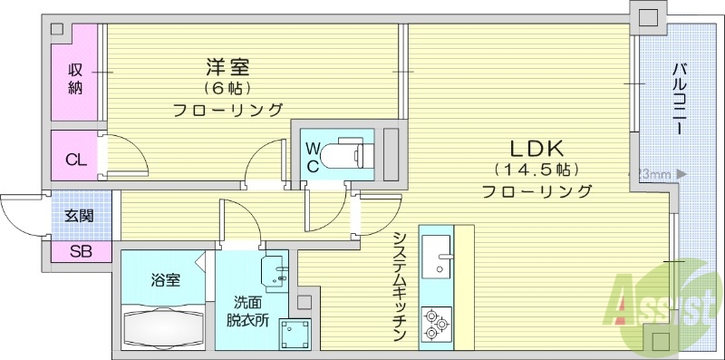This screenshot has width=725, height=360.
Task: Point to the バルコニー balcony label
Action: click(678, 100)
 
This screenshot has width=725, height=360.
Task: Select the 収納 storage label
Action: click(76, 78)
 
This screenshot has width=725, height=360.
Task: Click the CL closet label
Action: click(76, 161)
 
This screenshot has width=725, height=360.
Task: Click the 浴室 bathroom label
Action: click(165, 279)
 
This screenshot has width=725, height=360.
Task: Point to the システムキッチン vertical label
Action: click(399, 285)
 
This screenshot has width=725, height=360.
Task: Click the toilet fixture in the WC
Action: click(349, 151)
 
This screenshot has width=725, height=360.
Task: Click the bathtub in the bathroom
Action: click(163, 325)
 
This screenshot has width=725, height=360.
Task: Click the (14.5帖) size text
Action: click(536, 170)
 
